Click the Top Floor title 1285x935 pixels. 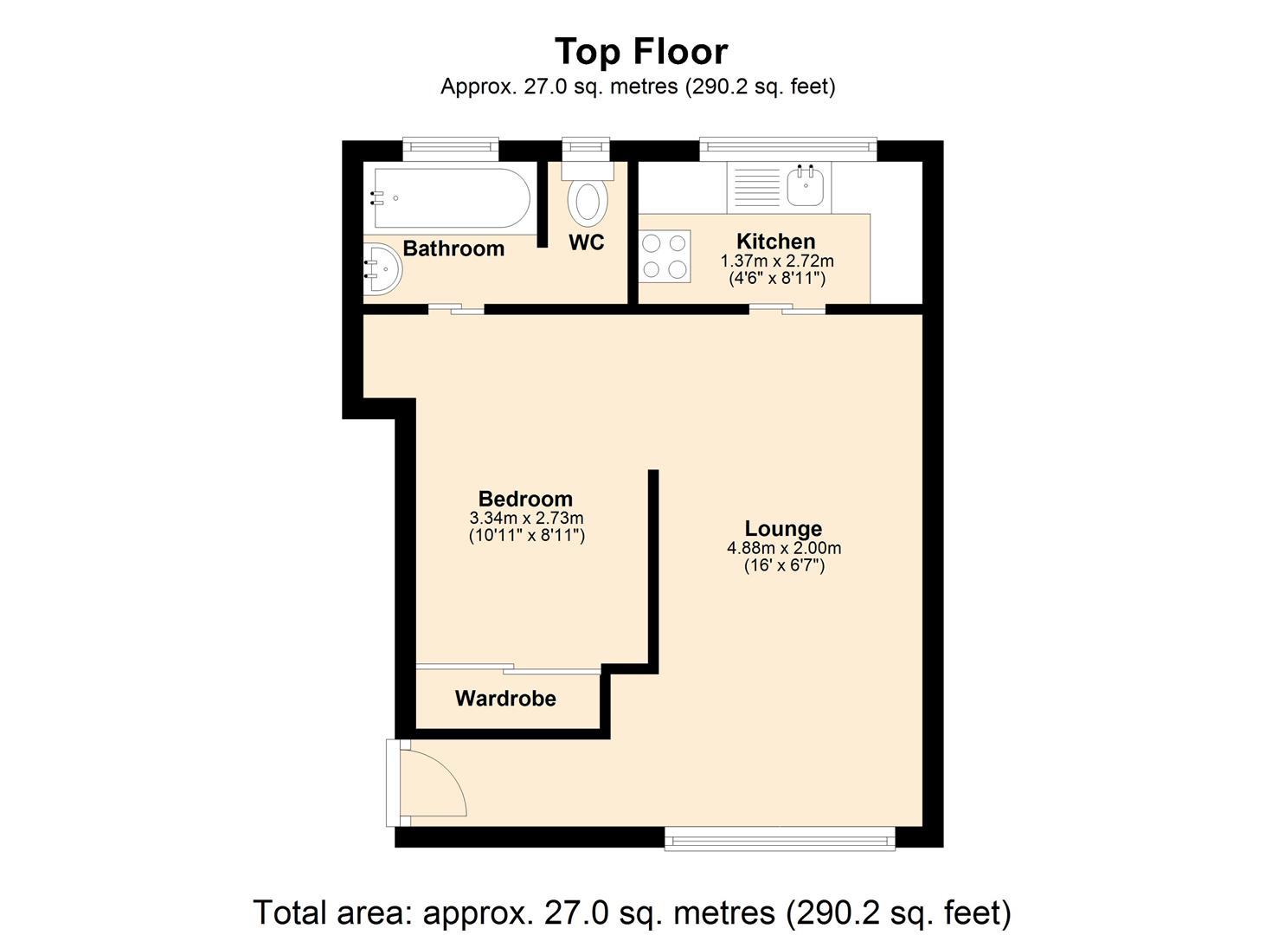click(x=641, y=51)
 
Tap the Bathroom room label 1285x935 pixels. click(x=453, y=248)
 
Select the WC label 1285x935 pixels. click(x=587, y=242)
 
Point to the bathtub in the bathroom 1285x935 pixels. click(x=452, y=198)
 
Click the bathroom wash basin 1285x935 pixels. click(x=382, y=268)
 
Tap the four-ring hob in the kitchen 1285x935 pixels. click(x=665, y=256)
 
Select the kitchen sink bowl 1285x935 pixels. click(x=806, y=184)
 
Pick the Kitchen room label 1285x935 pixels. click(x=775, y=241)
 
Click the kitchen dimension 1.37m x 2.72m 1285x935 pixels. click(x=777, y=261)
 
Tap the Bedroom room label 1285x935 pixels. click(x=525, y=498)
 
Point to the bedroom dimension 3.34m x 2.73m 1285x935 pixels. click(x=526, y=518)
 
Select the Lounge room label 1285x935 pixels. click(x=783, y=528)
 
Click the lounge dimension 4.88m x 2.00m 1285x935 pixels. click(x=784, y=547)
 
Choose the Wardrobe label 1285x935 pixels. click(x=505, y=699)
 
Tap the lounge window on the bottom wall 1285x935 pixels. click(x=780, y=839)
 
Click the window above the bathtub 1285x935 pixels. click(x=450, y=149)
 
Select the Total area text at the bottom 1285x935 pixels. click(x=633, y=912)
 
